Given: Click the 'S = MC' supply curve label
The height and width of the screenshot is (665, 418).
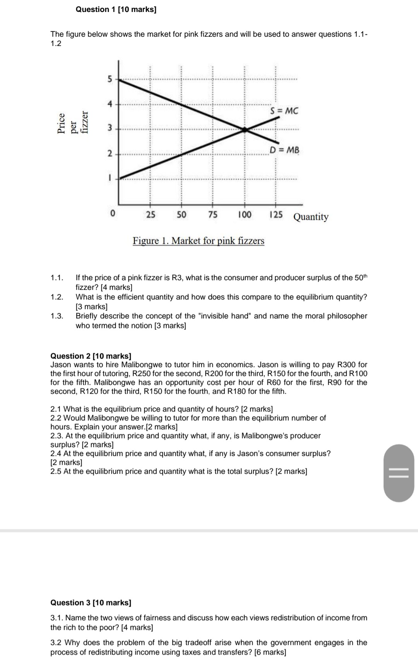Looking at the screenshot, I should point(284,111).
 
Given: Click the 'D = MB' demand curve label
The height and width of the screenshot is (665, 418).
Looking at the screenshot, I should point(284,150).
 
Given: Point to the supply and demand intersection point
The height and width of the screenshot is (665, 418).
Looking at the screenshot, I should point(244,130).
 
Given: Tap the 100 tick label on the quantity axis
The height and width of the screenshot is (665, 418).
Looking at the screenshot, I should point(244,215).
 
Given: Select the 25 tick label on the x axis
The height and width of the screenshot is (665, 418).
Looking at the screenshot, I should point(151,215).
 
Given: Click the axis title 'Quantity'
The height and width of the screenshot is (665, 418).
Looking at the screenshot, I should point(311,217).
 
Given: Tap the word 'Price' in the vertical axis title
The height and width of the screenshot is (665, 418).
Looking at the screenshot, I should point(61,123).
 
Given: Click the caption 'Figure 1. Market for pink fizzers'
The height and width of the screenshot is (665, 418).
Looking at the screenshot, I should point(199,241).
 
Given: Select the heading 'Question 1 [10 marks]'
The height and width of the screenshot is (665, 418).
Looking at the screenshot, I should point(116,9).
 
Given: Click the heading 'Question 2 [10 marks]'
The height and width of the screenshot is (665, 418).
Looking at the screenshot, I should point(91,356).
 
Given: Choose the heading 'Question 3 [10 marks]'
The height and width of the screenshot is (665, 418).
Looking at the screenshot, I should point(91,602).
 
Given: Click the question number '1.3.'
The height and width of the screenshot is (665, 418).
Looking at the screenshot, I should point(57,316).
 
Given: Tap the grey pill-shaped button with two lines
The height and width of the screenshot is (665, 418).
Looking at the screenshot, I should point(399,473).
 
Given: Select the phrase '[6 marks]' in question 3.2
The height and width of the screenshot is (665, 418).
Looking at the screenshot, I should point(270,652).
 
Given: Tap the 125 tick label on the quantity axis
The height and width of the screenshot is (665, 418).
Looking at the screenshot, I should point(276,215).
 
